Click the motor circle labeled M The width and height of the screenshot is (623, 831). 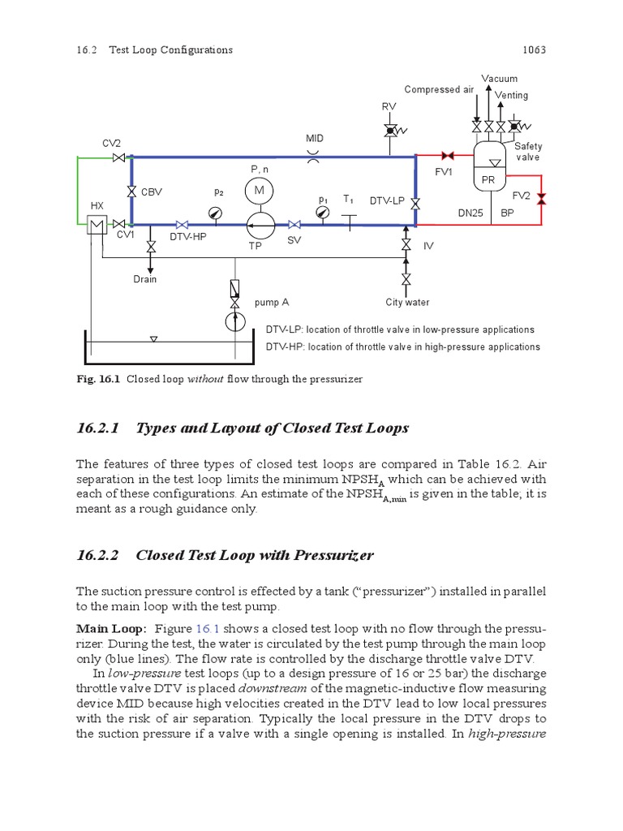[260, 190]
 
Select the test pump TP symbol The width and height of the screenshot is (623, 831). [260, 224]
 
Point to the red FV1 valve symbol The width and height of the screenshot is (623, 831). [445, 155]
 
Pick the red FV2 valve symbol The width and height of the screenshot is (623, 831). [542, 198]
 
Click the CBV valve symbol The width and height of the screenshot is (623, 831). [131, 192]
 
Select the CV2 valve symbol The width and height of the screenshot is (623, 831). [118, 157]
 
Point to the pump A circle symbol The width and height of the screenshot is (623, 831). [235, 321]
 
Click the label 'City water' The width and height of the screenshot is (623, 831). [407, 303]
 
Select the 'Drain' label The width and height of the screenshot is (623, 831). [145, 279]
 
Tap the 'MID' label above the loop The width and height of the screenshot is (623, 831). [314, 139]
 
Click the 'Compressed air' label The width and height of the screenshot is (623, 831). [438, 89]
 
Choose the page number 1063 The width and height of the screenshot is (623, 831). [533, 50]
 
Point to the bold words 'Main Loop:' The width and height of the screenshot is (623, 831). [110, 628]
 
